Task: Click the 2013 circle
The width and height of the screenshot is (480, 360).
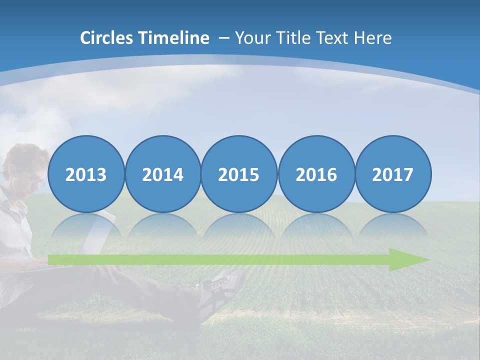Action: click(86, 174)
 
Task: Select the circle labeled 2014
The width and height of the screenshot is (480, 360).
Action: click(163, 174)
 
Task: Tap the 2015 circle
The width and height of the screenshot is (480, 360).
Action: click(239, 174)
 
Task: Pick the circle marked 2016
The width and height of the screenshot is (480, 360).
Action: click(316, 174)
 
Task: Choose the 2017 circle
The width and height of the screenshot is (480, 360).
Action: click(393, 174)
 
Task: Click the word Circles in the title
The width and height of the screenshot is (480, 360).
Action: click(107, 38)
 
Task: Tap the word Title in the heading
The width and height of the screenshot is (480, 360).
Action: click(295, 38)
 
